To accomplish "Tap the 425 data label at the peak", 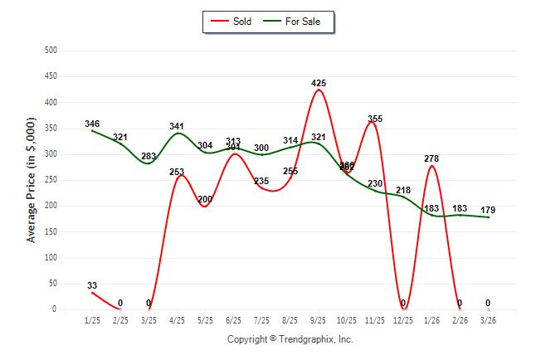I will [x=319, y=84].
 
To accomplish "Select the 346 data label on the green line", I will [x=92, y=124].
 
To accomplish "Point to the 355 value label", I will [x=375, y=119].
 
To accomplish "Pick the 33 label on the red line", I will [x=92, y=286].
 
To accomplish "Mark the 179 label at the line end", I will [x=488, y=210].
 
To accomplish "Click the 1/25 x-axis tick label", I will [x=92, y=320].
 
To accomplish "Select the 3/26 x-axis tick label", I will [x=488, y=320].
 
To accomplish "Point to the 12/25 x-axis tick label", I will [x=403, y=320].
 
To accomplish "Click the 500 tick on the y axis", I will [x=51, y=51].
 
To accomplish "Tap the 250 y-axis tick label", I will [x=51, y=180].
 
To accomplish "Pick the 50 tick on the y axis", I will [x=53, y=284].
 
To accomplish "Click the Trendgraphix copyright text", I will [x=290, y=339].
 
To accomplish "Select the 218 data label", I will [x=403, y=191].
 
